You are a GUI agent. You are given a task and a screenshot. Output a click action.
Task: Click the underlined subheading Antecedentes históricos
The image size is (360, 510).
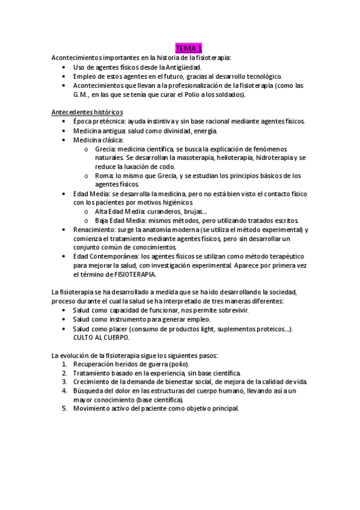[87, 112]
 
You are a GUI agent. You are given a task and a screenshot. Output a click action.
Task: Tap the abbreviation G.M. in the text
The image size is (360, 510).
[81, 94]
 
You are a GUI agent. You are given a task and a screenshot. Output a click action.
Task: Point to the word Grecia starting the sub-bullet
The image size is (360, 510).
[106, 149]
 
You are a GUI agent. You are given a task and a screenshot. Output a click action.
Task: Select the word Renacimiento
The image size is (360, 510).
[93, 230]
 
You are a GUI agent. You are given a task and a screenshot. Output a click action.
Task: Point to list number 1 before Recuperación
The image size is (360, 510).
[65, 364]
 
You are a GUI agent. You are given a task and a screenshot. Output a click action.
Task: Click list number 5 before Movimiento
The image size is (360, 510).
[65, 408]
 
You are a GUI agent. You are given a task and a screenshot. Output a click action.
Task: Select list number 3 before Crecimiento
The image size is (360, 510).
[65, 382]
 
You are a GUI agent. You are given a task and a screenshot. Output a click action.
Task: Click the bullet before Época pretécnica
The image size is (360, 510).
[64, 121]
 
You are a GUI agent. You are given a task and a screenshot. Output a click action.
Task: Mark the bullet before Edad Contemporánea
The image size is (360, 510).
[64, 256]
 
